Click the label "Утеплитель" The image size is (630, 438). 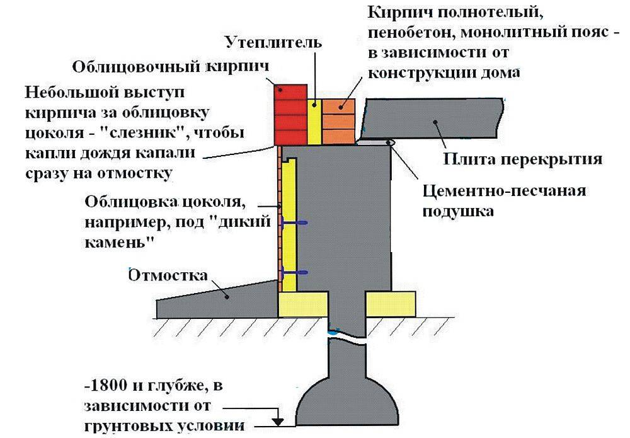pyautogui.click(x=273, y=43)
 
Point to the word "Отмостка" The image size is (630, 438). pyautogui.click(x=168, y=275)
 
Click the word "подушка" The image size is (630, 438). pyautogui.click(x=458, y=210)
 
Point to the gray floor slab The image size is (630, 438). pyautogui.click(x=435, y=120)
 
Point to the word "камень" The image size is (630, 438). pyautogui.click(x=114, y=242)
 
